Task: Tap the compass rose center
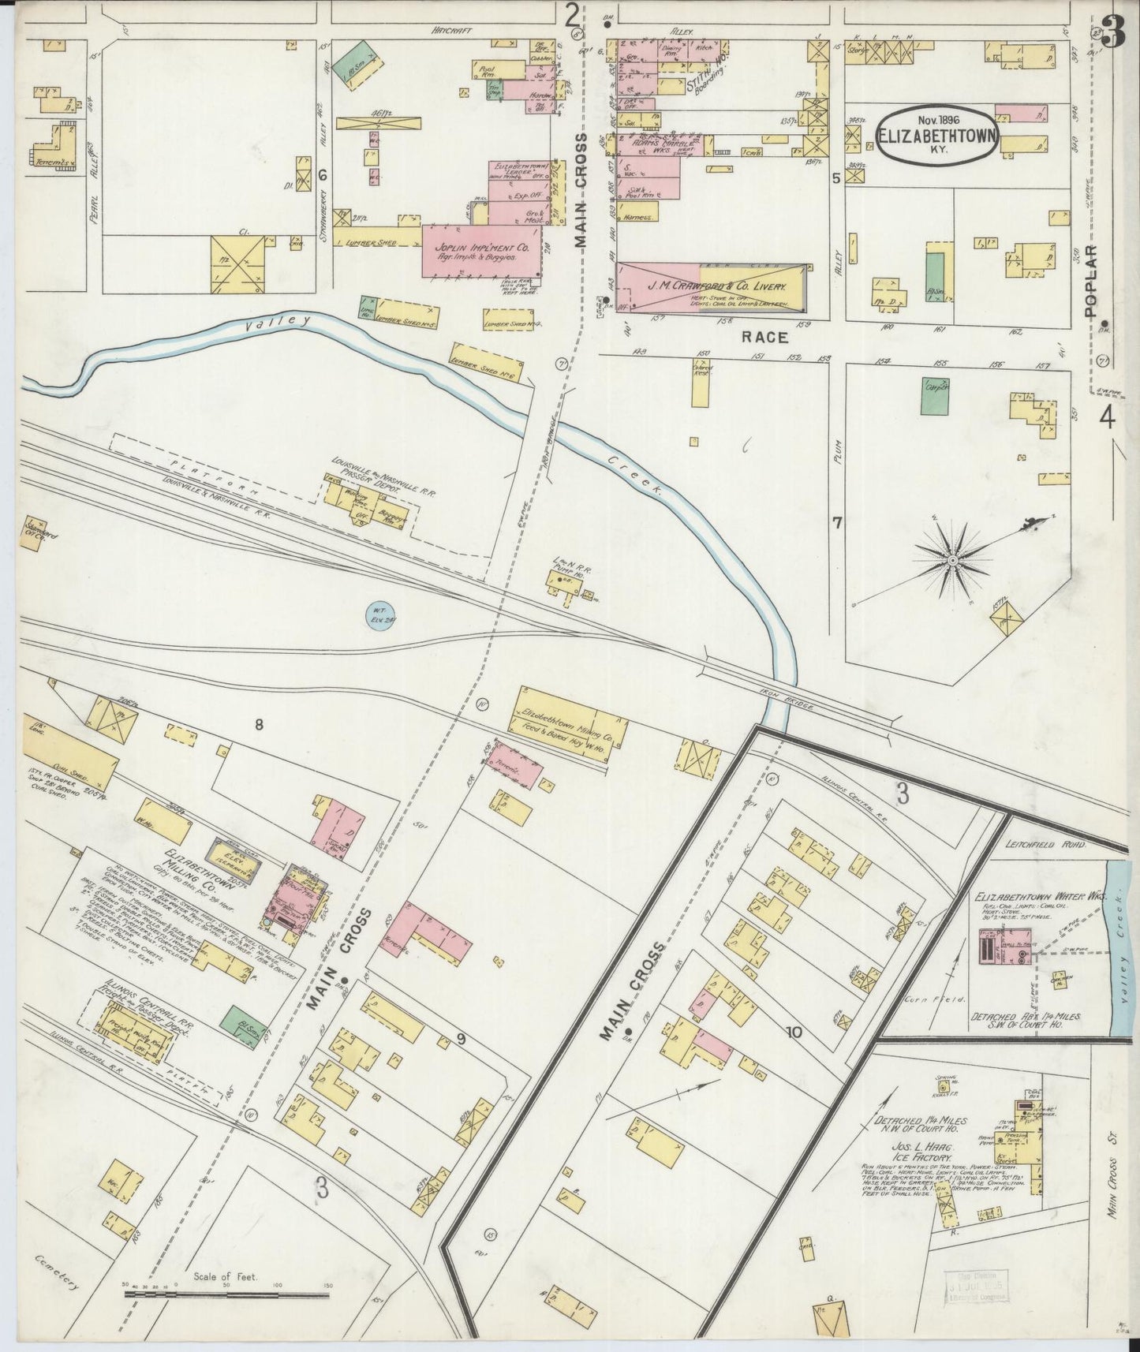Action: tap(953, 559)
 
